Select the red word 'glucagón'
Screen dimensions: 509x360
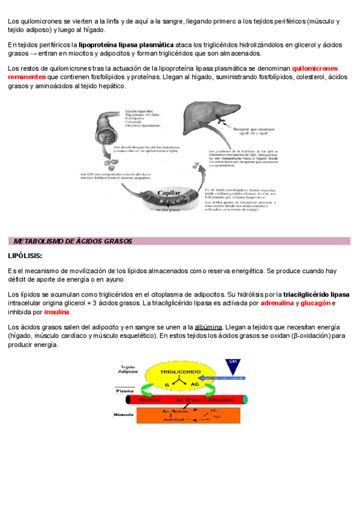click(x=316, y=303)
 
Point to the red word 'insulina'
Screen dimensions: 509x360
click(x=57, y=312)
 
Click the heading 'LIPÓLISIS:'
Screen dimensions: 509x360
click(x=25, y=256)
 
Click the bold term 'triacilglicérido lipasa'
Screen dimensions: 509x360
click(x=316, y=295)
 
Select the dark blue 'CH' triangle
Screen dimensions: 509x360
click(x=233, y=366)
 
